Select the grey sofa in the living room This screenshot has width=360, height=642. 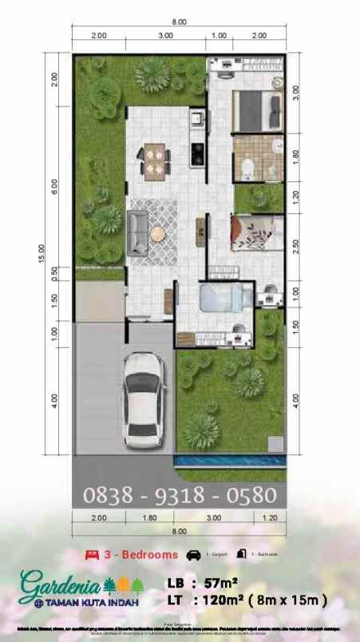click(138, 232)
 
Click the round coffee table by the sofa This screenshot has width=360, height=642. click(158, 233)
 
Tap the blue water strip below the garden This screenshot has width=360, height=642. click(227, 462)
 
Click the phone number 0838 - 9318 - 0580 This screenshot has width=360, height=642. click(180, 496)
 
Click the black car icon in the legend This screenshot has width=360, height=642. click(193, 553)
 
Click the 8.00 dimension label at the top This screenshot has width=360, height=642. click(180, 22)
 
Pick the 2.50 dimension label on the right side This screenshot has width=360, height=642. click(295, 247)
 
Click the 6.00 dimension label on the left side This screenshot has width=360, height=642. click(54, 185)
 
